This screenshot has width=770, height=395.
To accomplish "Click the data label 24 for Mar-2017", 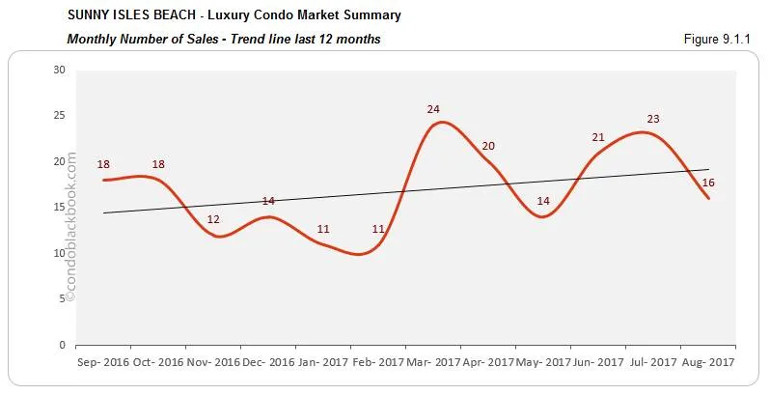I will tap(433, 109).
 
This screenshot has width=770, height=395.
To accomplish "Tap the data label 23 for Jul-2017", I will tap(653, 120).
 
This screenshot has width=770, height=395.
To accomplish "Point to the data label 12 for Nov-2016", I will tap(213, 219).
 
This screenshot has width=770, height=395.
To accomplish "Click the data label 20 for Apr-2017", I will tap(488, 146).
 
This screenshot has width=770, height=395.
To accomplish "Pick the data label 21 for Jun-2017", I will tap(598, 137).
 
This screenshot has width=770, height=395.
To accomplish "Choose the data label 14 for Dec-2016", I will tap(268, 201).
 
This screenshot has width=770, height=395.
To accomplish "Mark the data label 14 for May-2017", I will tap(543, 201).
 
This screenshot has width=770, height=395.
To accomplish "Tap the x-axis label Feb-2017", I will tap(378, 362).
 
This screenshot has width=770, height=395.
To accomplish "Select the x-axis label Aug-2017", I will tap(708, 362).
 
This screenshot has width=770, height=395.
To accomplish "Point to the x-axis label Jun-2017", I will tap(598, 362).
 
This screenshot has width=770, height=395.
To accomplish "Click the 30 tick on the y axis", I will tap(59, 70).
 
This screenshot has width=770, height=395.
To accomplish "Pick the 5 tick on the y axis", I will tap(62, 298).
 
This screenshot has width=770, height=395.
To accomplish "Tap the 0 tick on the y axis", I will tap(62, 345).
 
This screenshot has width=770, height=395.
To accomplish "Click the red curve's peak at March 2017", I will tap(441, 123).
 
